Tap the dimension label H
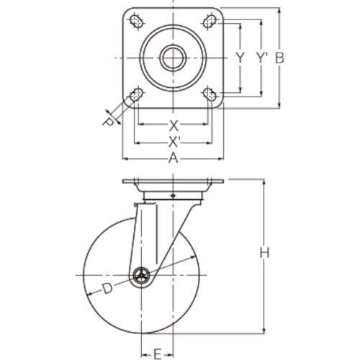(264, 253)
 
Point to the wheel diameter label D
(106, 289)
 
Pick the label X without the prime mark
(173, 124)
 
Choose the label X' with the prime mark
(174, 140)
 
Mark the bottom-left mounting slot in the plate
(135, 95)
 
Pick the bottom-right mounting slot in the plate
(211, 95)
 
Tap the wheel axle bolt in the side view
(142, 274)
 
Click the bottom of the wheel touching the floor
(142, 332)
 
